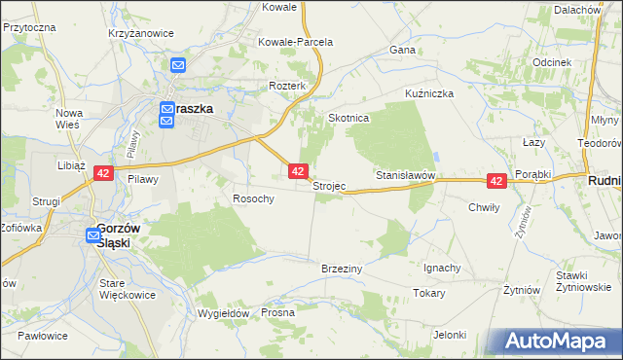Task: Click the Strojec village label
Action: [x=328, y=186]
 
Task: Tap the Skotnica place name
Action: [x=349, y=118]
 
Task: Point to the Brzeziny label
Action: [x=342, y=268]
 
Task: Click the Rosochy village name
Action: [x=253, y=198]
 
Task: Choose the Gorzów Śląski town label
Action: [x=120, y=234]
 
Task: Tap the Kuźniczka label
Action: [x=430, y=93]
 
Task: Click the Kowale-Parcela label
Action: [x=295, y=42]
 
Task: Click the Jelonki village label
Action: [x=450, y=335]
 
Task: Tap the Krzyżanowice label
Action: [x=141, y=32]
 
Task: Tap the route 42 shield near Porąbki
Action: [x=496, y=182]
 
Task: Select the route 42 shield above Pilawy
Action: [x=103, y=173]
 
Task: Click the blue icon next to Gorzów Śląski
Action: [x=92, y=234]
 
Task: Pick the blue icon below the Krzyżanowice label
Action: [x=178, y=65]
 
